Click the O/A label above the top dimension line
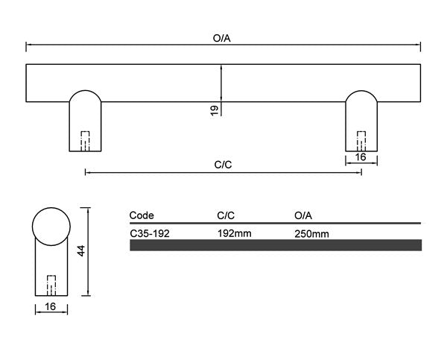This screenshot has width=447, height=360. pyautogui.click(x=221, y=38)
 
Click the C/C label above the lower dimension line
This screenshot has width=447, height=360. pyautogui.click(x=223, y=165)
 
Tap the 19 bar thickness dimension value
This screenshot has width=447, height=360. pyautogui.click(x=215, y=110)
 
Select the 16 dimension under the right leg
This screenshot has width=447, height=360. pyautogui.click(x=361, y=157)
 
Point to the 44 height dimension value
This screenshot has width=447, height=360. pyautogui.click(x=81, y=250)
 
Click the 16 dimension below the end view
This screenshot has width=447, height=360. pyautogui.click(x=51, y=306)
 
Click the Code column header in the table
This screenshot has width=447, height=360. pyautogui.click(x=142, y=215)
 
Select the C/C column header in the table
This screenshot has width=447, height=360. pyautogui.click(x=226, y=215)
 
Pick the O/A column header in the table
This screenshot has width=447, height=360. pyautogui.click(x=303, y=215)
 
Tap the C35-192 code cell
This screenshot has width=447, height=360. pyautogui.click(x=150, y=233)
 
